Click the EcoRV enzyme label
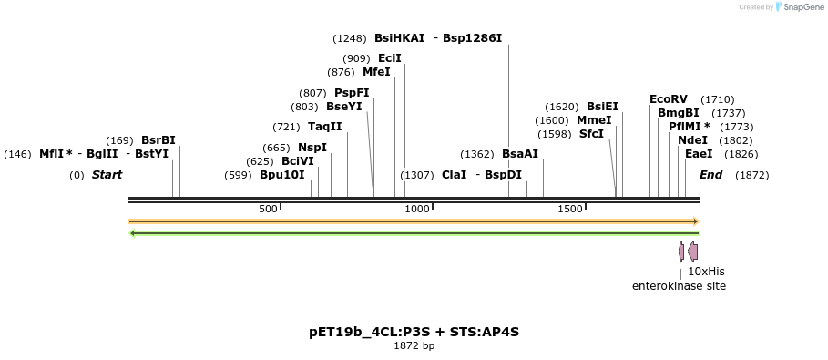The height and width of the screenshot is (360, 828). click(668, 99)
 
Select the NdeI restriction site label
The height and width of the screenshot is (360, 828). click(692, 140)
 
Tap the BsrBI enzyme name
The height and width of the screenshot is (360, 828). click(158, 140)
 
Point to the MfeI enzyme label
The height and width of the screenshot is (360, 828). click(375, 72)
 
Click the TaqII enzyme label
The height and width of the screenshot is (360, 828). click(324, 127)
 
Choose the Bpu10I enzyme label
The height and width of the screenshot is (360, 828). click(281, 175)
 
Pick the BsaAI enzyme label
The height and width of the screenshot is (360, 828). click(520, 154)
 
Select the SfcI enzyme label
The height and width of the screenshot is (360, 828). click(591, 134)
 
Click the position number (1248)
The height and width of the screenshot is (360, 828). click(350, 38)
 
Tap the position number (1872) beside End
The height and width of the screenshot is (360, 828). click(751, 175)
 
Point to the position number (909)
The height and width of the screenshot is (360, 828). click(356, 58)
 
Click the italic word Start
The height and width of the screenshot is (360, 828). click(107, 175)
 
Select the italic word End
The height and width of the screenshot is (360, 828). click(710, 175)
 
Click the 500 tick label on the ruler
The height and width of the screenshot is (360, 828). click(268, 209)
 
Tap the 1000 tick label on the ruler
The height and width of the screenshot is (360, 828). click(417, 209)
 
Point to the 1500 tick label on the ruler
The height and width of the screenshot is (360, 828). click(569, 209)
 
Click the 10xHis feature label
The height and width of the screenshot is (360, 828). click(706, 272)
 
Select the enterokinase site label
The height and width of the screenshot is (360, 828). click(679, 286)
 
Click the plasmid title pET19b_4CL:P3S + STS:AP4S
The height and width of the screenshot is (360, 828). click(414, 332)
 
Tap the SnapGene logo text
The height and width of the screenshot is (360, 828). click(800, 7)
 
